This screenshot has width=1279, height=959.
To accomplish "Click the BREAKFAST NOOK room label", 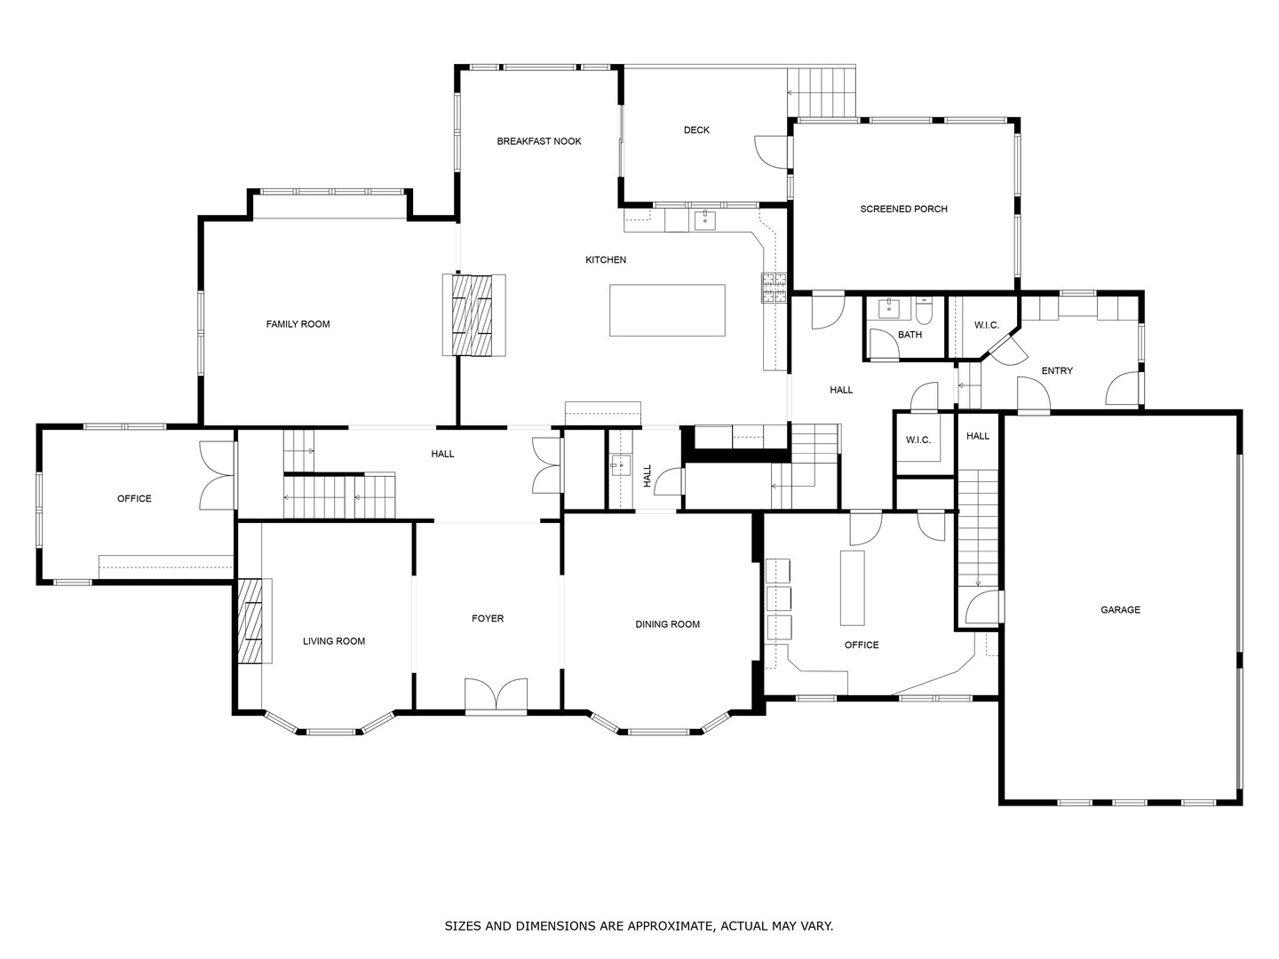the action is pyautogui.click(x=539, y=141).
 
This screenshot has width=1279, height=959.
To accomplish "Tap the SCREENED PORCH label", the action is pyautogui.click(x=904, y=209).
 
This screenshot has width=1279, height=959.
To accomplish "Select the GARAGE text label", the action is pyautogui.click(x=1121, y=610).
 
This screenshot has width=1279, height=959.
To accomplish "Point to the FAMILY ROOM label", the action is pyautogui.click(x=298, y=324).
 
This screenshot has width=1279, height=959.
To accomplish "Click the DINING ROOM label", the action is pyautogui.click(x=667, y=624).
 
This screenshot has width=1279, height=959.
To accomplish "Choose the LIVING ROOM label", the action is pyautogui.click(x=334, y=641).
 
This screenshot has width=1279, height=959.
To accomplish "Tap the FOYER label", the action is pyautogui.click(x=488, y=618).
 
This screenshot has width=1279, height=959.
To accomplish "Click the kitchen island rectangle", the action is pyautogui.click(x=667, y=311).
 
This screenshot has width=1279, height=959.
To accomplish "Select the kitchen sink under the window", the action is pyautogui.click(x=705, y=221).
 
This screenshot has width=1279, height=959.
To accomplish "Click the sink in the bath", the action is pyautogui.click(x=889, y=309).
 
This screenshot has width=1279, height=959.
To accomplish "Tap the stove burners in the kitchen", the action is pyautogui.click(x=774, y=289).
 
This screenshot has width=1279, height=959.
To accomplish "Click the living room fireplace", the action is pyautogui.click(x=255, y=620).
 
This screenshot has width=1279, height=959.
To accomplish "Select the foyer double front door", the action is pyautogui.click(x=496, y=695).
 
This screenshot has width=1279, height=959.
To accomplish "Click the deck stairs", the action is pyautogui.click(x=821, y=92).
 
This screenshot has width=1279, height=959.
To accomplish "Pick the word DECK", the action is pyautogui.click(x=696, y=130).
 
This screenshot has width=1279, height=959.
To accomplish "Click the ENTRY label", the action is pyautogui.click(x=1057, y=371).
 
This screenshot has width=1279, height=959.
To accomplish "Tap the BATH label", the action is pyautogui.click(x=910, y=335).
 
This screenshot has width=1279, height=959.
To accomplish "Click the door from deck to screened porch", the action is pyautogui.click(x=772, y=153).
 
